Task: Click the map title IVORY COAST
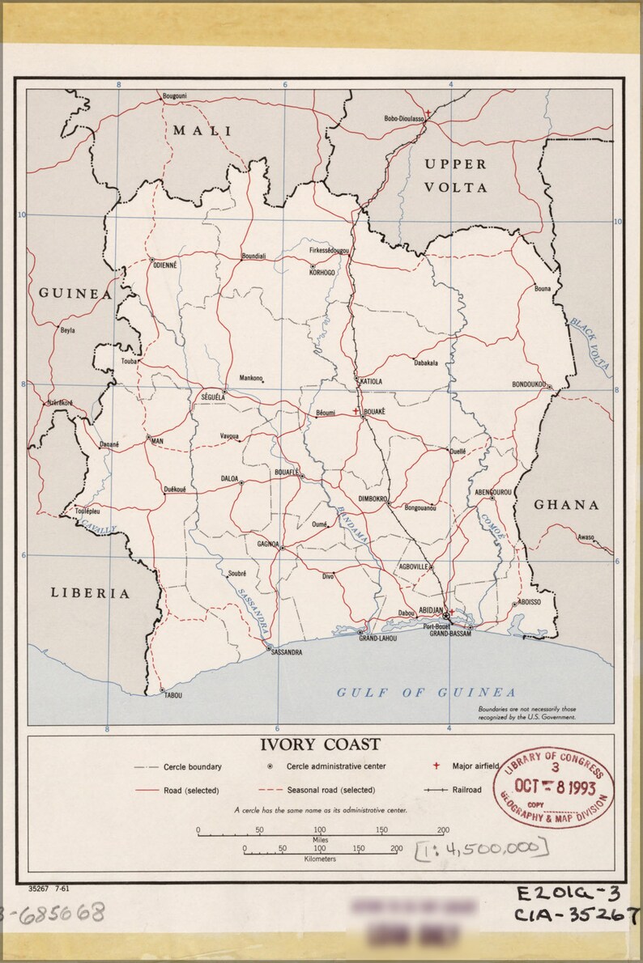(320, 745)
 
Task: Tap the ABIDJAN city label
(431, 609)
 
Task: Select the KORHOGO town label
(321, 273)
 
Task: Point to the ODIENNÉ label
(164, 265)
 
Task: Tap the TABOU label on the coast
(172, 695)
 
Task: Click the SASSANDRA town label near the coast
(287, 651)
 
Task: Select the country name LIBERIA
(91, 593)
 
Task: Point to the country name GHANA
(566, 505)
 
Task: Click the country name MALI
(202, 130)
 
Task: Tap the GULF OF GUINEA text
(426, 693)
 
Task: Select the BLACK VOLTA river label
(590, 343)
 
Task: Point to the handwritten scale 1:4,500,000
(481, 847)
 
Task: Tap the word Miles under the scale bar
(321, 839)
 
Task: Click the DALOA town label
(230, 478)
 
